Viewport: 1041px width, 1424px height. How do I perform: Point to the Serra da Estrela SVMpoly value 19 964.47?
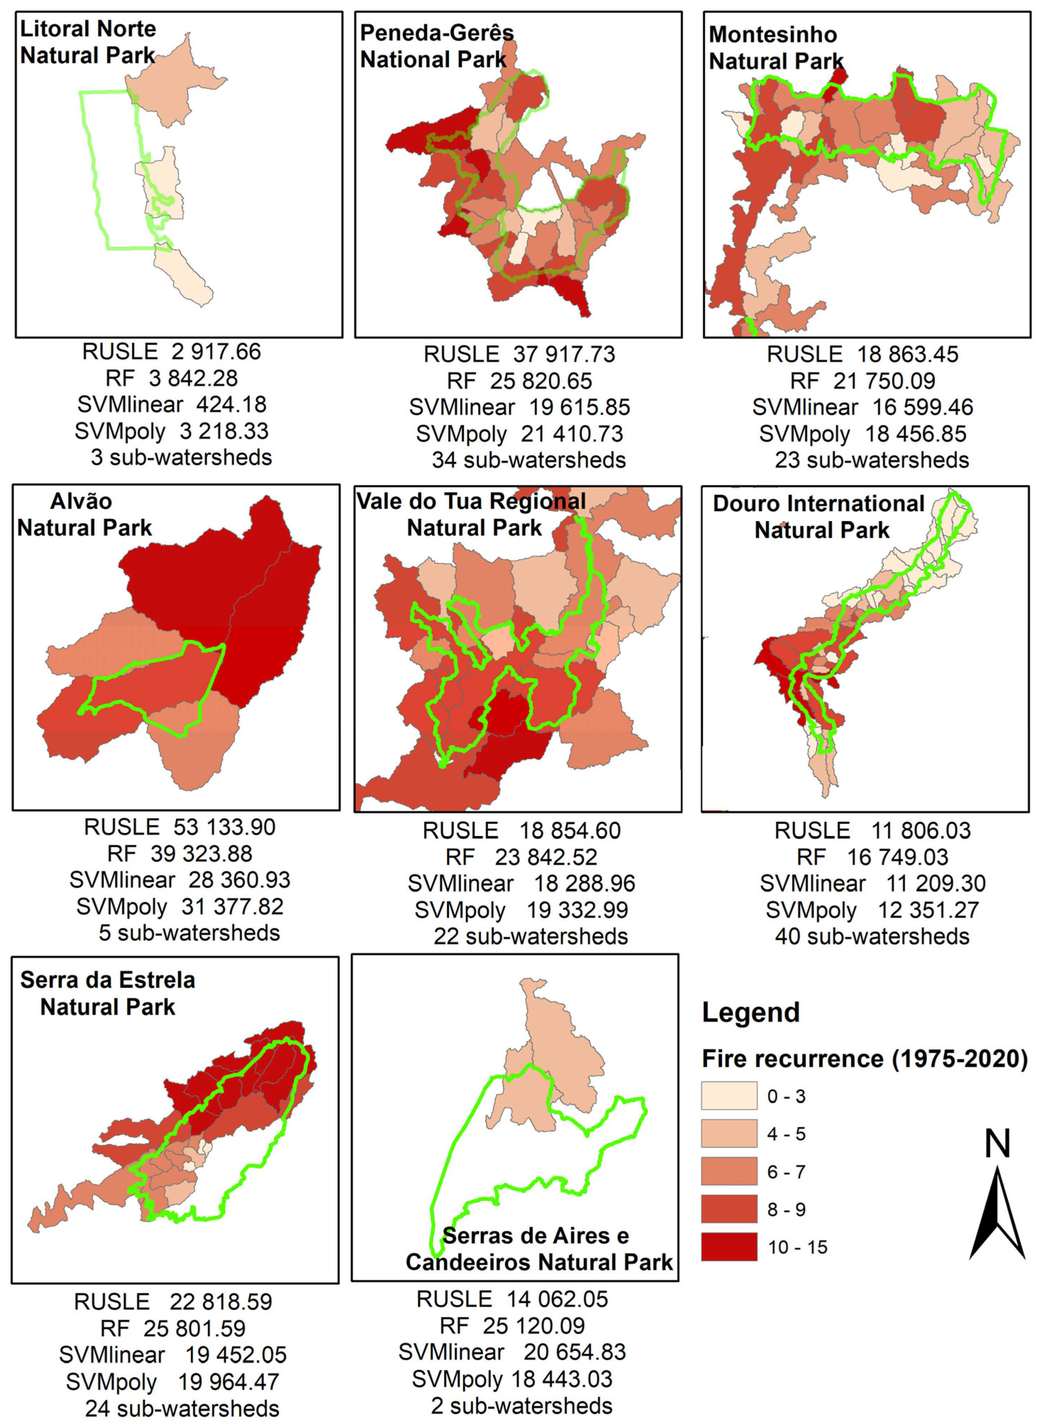pos(228,1382)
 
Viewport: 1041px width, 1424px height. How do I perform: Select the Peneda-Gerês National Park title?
pos(437,46)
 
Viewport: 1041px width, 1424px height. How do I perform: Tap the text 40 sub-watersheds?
pos(871,936)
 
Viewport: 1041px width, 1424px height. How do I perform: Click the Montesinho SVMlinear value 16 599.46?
pos(922,407)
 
